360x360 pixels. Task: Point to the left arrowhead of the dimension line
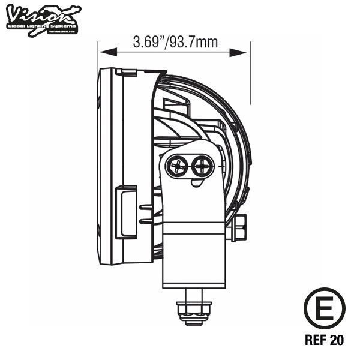tap(103, 52)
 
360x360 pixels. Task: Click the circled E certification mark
tap(324, 307)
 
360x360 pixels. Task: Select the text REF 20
tap(324, 340)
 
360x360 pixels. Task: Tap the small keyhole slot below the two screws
tap(196, 182)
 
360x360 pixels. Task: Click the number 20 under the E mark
tap(337, 340)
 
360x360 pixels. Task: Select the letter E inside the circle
tap(324, 307)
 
